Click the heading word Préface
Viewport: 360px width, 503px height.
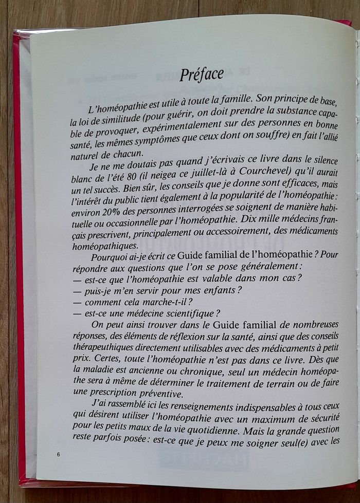tap(202, 75)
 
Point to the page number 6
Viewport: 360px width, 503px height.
tap(59, 455)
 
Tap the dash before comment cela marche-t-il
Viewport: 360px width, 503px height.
tap(78, 302)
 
